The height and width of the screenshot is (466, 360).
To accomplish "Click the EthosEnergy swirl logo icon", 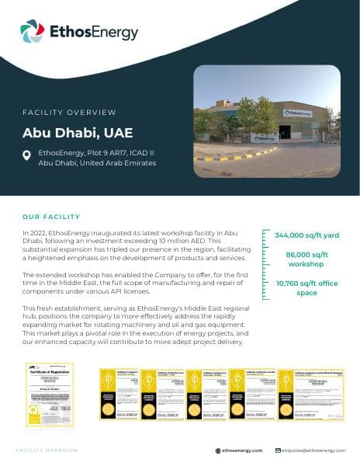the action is (33, 32).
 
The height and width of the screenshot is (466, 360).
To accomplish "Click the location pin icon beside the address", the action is (27, 156).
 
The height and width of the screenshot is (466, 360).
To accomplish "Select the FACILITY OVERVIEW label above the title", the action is (69, 113).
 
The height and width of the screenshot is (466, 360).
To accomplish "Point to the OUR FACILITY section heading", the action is (51, 217).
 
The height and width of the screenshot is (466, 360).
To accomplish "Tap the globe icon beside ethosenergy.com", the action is (218, 450).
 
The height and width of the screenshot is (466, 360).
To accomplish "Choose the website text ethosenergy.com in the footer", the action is (242, 450).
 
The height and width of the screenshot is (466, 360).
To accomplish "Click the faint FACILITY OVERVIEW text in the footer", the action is (47, 450).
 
